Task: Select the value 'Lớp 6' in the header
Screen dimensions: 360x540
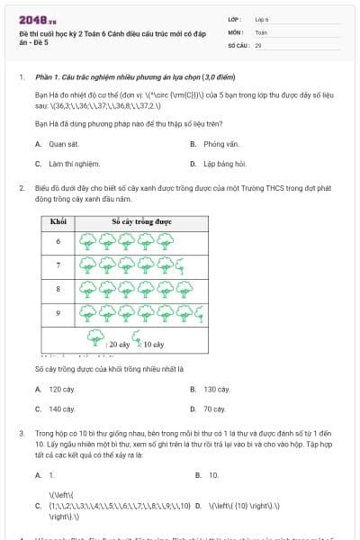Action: [262, 18]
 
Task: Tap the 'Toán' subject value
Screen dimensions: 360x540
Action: [261, 31]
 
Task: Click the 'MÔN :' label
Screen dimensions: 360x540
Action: [237, 31]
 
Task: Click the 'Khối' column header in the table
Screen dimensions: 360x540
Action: [58, 220]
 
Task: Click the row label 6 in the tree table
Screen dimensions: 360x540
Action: [58, 241]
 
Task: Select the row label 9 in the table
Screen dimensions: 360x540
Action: [58, 313]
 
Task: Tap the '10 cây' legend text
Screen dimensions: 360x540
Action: [153, 344]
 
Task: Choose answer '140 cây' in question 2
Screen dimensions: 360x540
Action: [61, 409]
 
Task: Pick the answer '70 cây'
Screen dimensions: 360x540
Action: [213, 409]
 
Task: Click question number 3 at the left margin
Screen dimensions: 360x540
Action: [21, 434]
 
